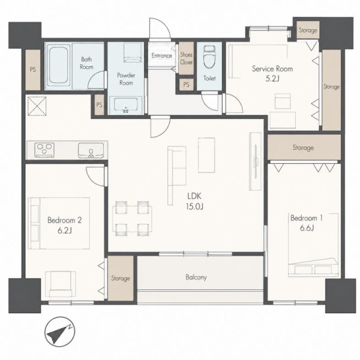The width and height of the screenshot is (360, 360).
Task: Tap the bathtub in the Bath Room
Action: [59, 65]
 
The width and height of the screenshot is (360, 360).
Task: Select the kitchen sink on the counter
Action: [91, 151]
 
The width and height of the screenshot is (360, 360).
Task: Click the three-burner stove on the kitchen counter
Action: [44, 151]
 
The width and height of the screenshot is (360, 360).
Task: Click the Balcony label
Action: [196, 277]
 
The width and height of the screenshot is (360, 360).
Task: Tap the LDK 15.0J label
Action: [194, 202]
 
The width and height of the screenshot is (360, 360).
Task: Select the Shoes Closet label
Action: [186, 58]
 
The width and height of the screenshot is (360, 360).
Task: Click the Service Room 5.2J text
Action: [272, 73]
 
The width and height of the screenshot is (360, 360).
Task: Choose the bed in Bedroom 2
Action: [59, 223]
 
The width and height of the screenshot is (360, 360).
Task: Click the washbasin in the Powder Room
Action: [125, 106]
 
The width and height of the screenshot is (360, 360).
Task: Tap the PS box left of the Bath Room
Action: [33, 70]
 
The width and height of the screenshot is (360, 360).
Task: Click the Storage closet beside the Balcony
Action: [121, 278]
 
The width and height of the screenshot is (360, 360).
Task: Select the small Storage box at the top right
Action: [308, 30]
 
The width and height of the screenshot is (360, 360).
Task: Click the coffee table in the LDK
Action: [206, 155]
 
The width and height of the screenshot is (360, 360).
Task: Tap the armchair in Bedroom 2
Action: [61, 284]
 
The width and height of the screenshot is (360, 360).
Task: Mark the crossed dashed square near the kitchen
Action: [37, 106]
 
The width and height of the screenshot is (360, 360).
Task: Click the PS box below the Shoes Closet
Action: [186, 85]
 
